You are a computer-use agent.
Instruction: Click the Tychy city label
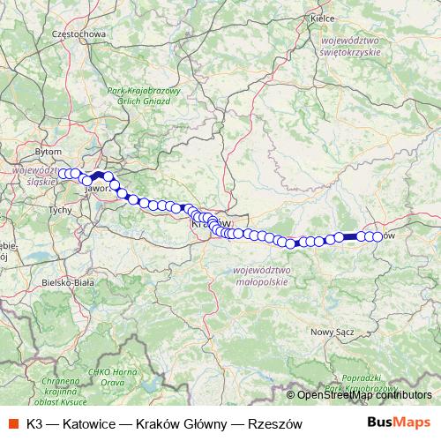pos(60,210)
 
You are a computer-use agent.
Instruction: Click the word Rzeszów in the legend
pos(277,422)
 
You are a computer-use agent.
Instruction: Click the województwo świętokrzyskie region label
pos(357,45)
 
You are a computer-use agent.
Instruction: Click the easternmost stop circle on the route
pos(378,236)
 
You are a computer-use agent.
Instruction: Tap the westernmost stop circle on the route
pos(62,174)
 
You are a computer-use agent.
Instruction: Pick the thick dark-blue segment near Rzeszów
pos(349,235)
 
